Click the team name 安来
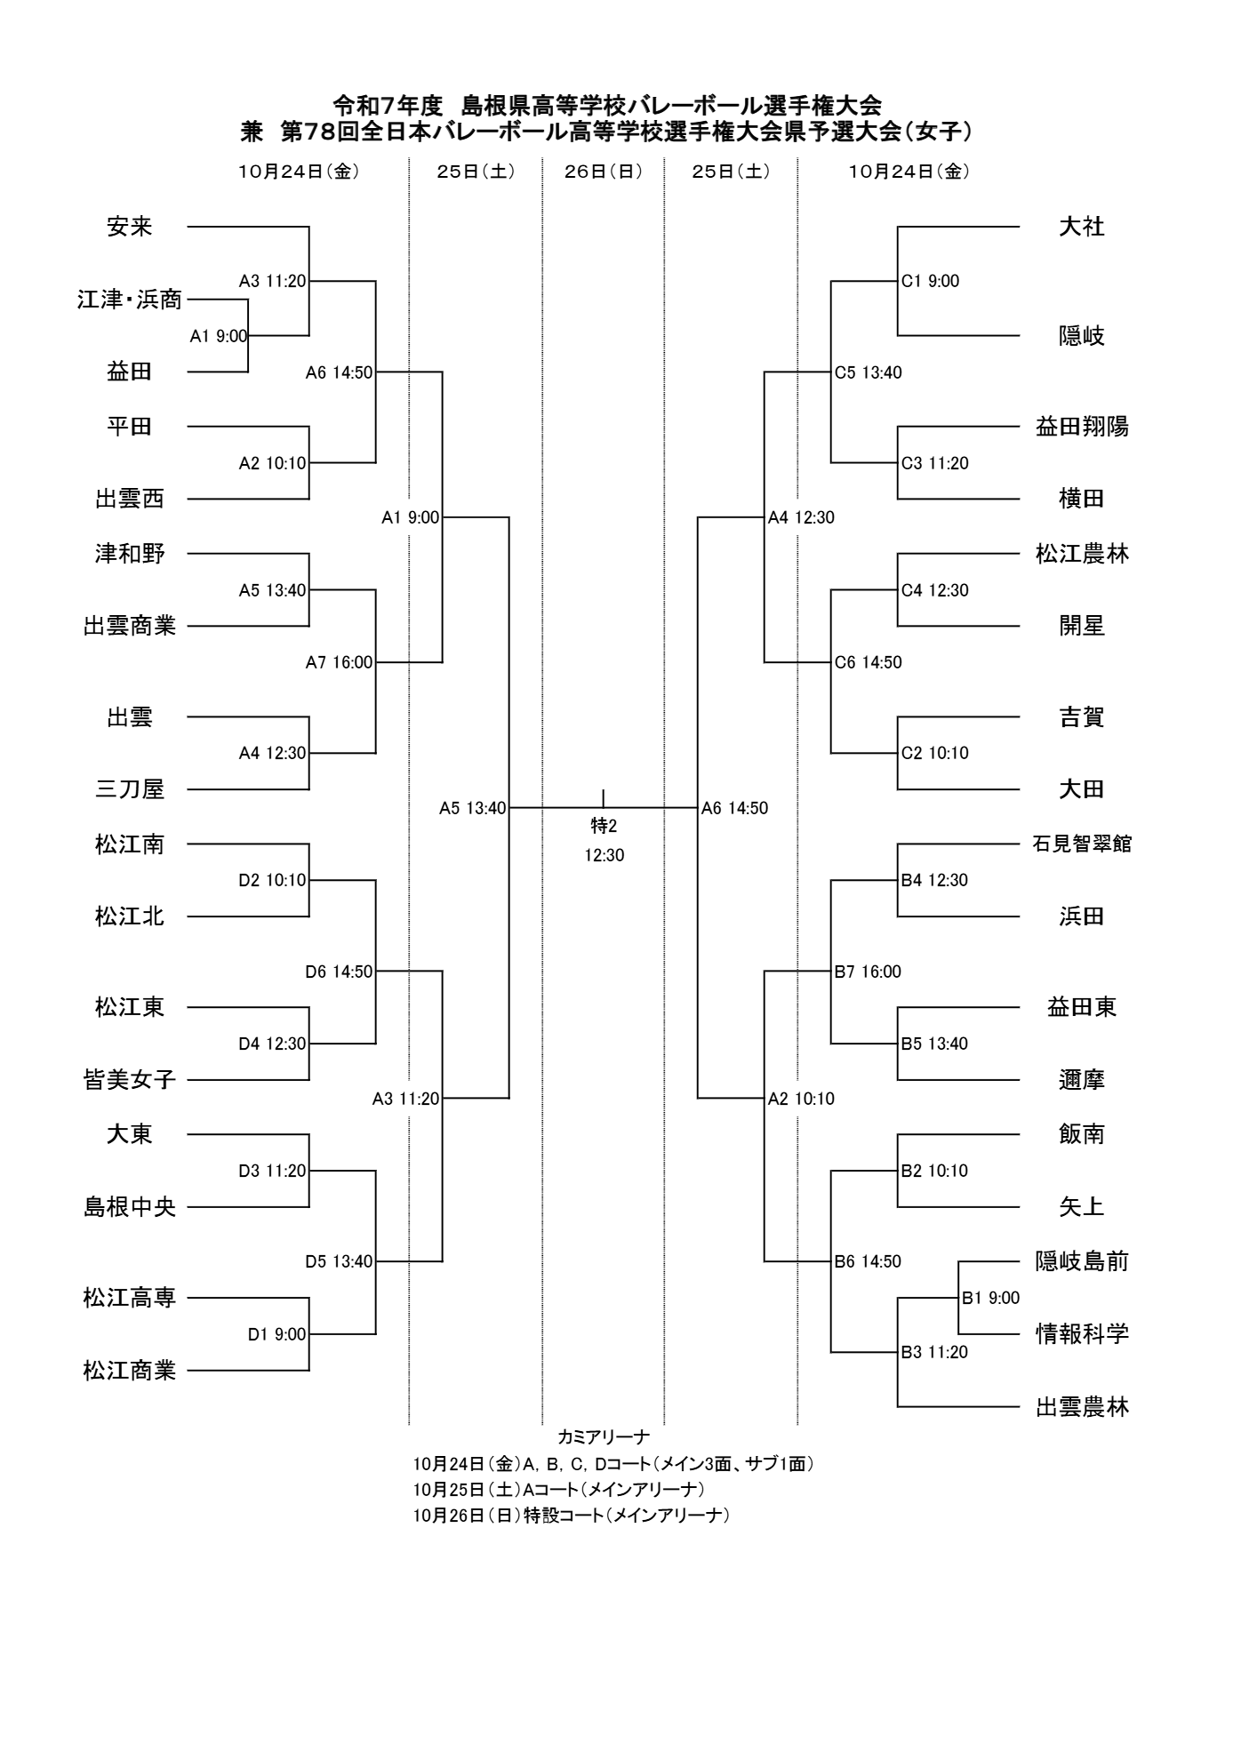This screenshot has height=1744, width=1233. coord(130,228)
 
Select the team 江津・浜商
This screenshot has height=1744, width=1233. coord(130,300)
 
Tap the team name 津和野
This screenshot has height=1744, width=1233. coord(130,554)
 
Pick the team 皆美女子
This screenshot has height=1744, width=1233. coord(130,1080)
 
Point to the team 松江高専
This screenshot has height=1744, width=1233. coord(130,1298)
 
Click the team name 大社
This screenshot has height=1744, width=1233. coord(1081,228)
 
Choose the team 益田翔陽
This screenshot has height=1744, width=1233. coord(1081,427)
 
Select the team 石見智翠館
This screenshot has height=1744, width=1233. coord(1081,844)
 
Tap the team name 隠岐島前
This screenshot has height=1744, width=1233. coord(1081,1261)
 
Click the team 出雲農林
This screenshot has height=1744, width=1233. coord(1081,1407)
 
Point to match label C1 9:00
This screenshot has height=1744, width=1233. coord(930,282)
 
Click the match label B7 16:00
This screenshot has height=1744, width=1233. coord(868,972)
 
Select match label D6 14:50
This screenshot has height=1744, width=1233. coord(339,972)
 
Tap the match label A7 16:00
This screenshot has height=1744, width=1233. coord(339,662)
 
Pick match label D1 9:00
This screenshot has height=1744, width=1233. coord(276,1334)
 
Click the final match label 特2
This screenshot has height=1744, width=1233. coord(604,827)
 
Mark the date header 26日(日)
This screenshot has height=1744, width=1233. coord(603,172)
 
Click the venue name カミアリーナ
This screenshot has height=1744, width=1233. coord(604,1436)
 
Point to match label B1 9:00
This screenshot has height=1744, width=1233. coord(990,1298)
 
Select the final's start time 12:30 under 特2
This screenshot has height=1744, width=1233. coord(604,856)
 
